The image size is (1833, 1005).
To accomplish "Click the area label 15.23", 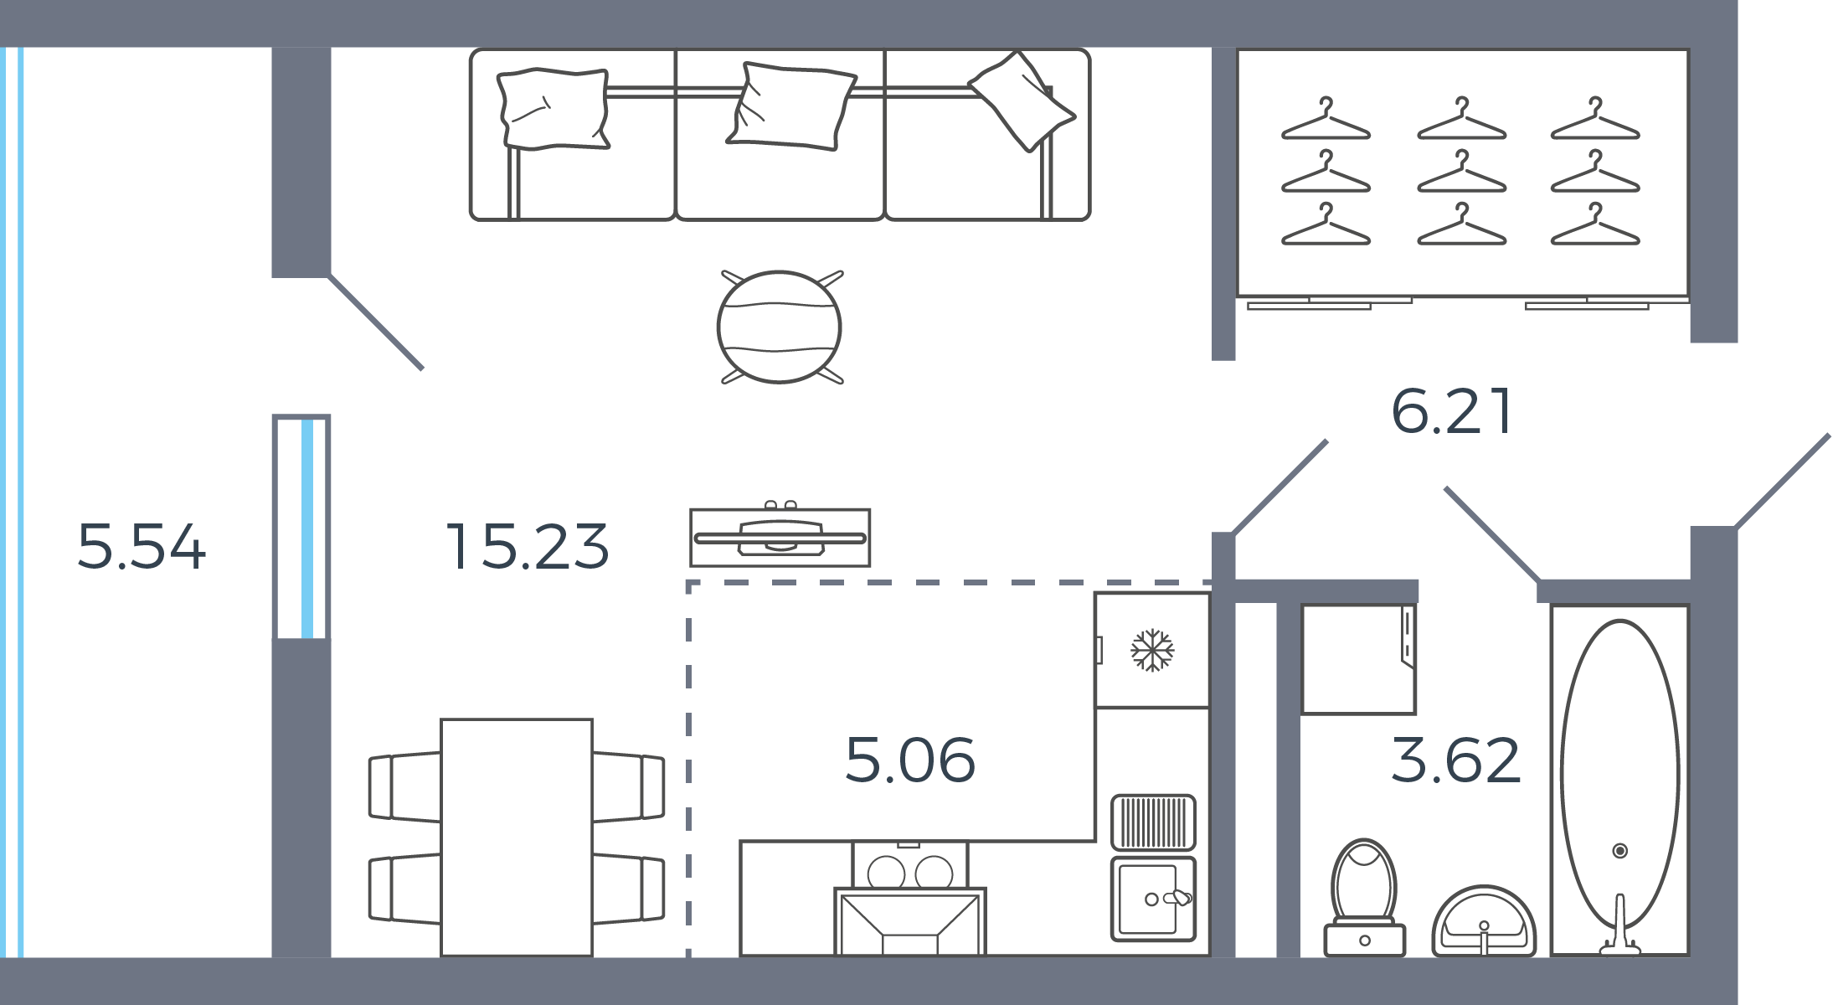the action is click(x=528, y=547).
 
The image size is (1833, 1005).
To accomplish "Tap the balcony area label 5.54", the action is click(x=142, y=547).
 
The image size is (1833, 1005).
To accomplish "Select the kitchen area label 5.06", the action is click(x=910, y=760).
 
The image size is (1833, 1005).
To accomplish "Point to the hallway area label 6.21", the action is click(x=1452, y=411).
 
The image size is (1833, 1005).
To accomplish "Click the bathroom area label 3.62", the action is click(x=1456, y=760).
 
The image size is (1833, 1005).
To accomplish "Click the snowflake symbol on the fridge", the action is click(x=1152, y=650).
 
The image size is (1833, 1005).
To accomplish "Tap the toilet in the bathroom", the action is click(x=1364, y=899).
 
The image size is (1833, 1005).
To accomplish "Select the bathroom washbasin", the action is click(x=1484, y=921).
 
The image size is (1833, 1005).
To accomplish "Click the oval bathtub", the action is click(x=1619, y=775).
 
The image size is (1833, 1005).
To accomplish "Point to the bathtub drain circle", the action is click(x=1620, y=851).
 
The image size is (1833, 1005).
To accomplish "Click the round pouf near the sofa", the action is click(x=780, y=327).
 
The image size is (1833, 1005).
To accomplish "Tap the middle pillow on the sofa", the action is click(x=791, y=106).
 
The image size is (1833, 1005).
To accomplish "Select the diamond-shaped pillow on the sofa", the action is click(x=1022, y=101).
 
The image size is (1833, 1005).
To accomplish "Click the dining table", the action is click(x=517, y=837).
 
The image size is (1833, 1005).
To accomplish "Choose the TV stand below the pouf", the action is click(x=780, y=538).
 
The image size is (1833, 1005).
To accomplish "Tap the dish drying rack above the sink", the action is click(x=1153, y=822).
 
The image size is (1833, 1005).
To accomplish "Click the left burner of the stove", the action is click(x=886, y=873).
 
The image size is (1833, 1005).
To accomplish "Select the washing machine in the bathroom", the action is click(x=1358, y=659).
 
